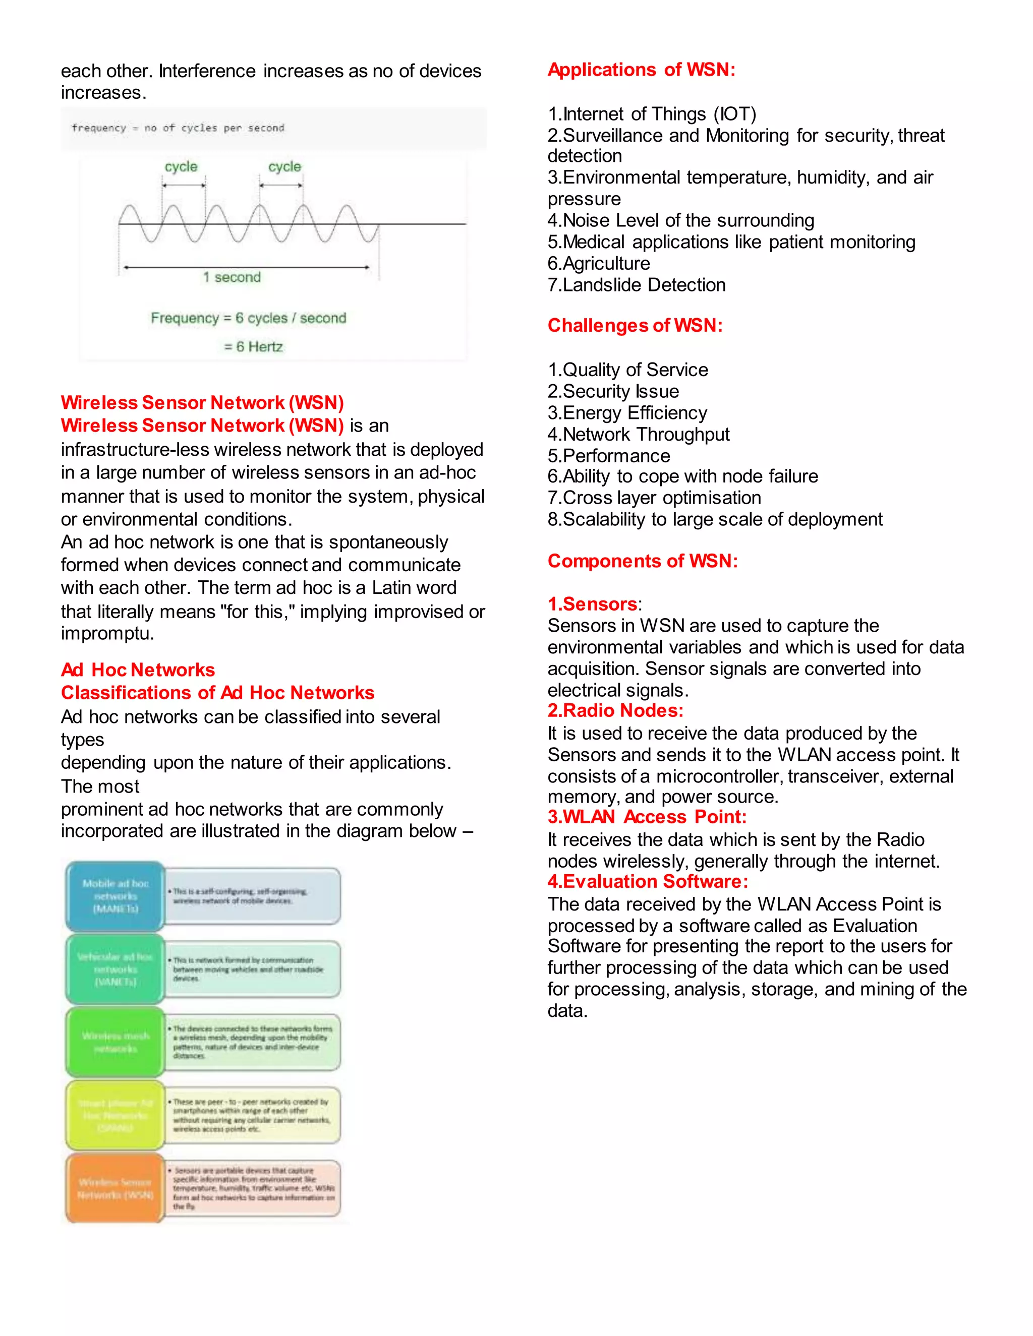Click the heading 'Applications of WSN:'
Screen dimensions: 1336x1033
(x=641, y=70)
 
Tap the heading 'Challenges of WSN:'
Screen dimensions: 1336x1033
(x=635, y=326)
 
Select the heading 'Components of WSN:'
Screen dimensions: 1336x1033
(x=643, y=561)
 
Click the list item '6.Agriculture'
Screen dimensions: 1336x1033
(x=599, y=264)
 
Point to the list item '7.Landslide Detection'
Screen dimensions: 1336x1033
(x=637, y=285)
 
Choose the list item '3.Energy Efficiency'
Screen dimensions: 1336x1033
(x=627, y=413)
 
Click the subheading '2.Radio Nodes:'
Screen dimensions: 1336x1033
(x=615, y=710)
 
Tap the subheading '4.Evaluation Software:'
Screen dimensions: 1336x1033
(x=648, y=881)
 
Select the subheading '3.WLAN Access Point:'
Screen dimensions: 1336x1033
(x=647, y=817)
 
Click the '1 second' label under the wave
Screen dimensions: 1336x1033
(x=232, y=278)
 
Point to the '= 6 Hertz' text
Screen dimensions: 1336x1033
(x=253, y=347)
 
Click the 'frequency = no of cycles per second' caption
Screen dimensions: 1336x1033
(x=178, y=128)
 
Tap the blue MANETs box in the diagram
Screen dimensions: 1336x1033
(x=115, y=896)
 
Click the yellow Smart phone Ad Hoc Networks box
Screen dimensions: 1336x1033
(x=115, y=1115)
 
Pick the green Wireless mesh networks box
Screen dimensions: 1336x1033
(x=115, y=1043)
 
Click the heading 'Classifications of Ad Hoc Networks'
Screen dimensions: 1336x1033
(x=217, y=693)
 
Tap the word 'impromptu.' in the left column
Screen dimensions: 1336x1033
(x=107, y=634)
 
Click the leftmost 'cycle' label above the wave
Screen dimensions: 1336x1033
(x=181, y=167)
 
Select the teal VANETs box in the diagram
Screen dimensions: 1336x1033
(x=115, y=969)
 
